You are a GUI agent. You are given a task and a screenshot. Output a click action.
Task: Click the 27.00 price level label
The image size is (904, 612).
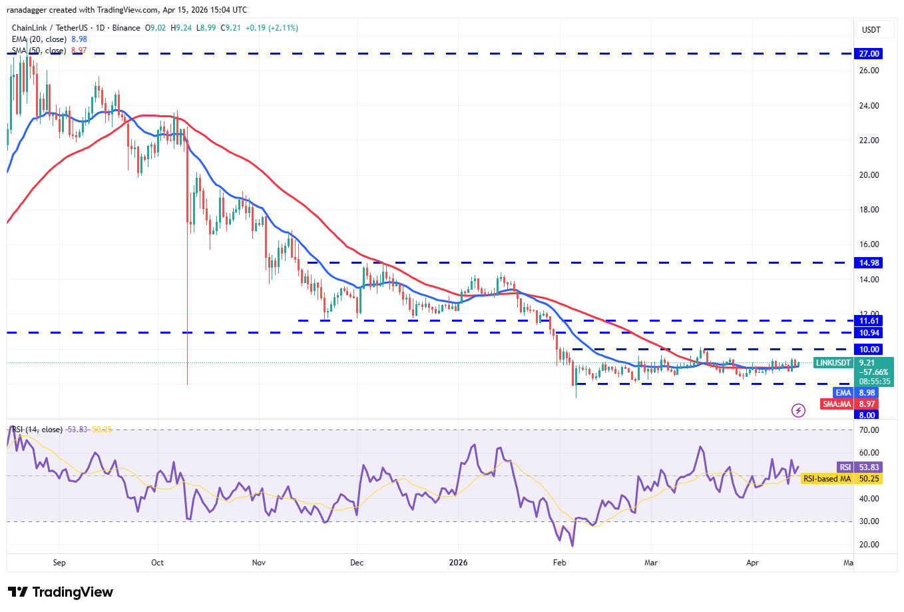868,54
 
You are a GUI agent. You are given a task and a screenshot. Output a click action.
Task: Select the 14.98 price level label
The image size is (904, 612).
868,263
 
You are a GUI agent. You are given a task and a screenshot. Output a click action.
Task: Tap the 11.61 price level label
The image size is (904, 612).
868,321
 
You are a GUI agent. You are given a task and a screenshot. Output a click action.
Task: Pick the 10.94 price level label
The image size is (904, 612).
868,333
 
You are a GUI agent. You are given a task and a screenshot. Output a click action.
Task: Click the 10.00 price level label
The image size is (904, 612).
868,350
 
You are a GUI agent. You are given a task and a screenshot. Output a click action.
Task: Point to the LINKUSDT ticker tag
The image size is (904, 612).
833,363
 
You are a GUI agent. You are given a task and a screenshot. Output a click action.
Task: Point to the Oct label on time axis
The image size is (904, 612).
157,563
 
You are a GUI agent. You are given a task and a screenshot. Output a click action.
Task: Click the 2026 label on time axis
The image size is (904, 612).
458,563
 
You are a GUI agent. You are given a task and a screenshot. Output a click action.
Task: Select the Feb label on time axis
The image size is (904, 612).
559,563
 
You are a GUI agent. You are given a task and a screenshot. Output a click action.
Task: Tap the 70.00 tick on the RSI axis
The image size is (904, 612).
869,431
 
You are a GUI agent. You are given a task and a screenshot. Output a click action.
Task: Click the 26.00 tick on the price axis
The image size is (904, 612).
869,71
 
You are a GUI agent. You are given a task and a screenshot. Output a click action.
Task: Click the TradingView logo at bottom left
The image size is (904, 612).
61,592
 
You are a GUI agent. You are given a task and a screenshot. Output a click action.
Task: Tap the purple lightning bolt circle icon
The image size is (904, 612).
798,410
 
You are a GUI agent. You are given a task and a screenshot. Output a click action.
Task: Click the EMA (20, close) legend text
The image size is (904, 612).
40,39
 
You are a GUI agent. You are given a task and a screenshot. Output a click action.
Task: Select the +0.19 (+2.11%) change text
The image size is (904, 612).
272,28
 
